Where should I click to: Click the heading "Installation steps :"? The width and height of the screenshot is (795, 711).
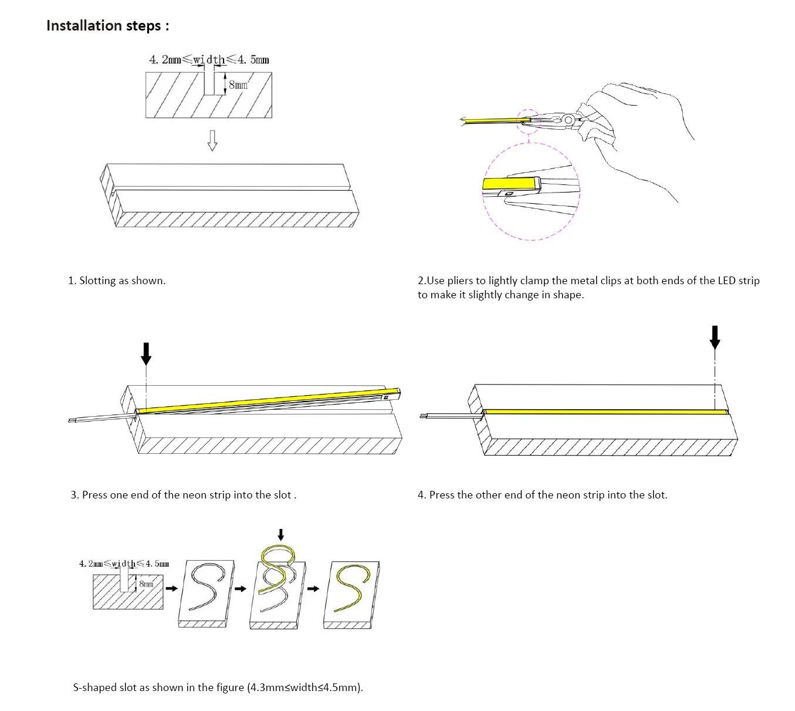coord(107,26)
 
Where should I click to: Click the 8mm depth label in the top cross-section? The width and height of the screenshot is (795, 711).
coord(238,85)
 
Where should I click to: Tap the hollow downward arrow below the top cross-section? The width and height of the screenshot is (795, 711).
coord(212,140)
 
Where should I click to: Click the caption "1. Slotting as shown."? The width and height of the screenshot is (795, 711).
coord(117,281)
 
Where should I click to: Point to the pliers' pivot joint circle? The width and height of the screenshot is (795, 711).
coord(567,119)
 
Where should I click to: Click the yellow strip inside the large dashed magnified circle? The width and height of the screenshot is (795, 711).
coord(509,183)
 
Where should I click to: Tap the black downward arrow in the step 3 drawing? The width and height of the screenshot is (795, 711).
coord(146,353)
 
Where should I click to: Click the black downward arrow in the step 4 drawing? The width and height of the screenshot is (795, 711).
coord(715,337)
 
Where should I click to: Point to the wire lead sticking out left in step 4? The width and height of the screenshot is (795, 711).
coord(451,416)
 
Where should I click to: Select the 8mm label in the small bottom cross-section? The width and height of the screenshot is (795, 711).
coord(146,584)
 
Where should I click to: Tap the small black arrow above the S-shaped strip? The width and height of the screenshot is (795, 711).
coord(280,534)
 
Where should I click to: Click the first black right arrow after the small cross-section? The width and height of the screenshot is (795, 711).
coord(171,588)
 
